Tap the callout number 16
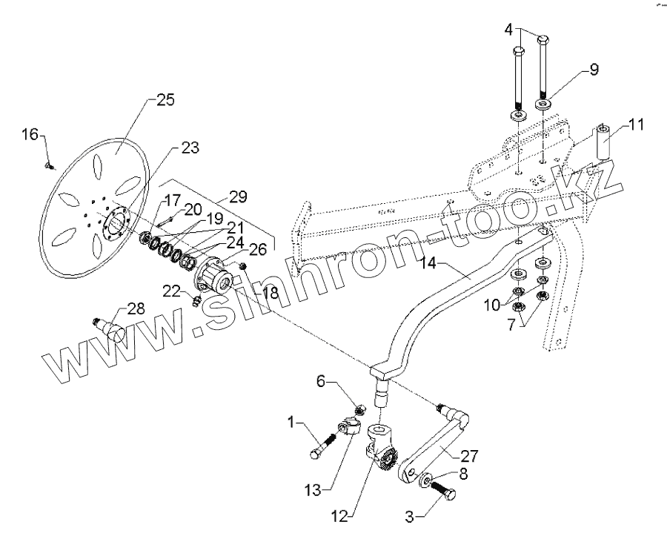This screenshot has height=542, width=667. point(29,134)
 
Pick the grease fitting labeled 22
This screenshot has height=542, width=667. point(197,300)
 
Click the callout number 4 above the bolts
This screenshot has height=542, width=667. point(508,30)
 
